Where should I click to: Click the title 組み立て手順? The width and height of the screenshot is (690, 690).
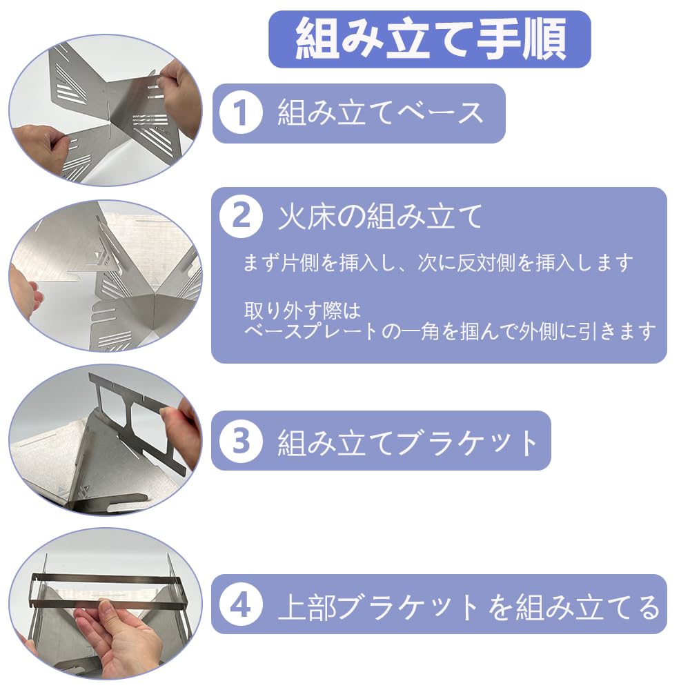(x=431, y=39)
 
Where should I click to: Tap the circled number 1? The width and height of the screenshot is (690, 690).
(x=241, y=112)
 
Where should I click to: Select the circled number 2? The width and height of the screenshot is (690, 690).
(x=241, y=217)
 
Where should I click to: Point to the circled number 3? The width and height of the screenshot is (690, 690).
(x=241, y=440)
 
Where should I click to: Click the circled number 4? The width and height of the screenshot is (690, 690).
(x=241, y=606)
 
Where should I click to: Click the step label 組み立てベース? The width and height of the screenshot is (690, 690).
(x=381, y=112)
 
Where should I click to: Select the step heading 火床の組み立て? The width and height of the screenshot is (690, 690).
(x=381, y=217)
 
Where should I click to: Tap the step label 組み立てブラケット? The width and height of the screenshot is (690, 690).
(x=408, y=442)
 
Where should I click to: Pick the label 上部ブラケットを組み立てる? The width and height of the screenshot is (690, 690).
(x=469, y=607)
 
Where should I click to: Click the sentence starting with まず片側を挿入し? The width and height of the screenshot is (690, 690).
(x=438, y=263)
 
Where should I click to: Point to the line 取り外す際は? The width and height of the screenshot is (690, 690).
(x=302, y=310)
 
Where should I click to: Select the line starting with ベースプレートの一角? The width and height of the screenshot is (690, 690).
(x=450, y=331)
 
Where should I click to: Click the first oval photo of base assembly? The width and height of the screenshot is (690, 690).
(x=105, y=110)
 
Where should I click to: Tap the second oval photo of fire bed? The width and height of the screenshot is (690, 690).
(x=105, y=275)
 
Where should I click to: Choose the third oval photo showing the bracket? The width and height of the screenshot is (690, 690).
(x=105, y=440)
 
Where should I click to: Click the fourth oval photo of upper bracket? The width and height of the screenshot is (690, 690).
(x=105, y=606)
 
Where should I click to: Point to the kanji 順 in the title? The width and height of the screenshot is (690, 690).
(x=544, y=39)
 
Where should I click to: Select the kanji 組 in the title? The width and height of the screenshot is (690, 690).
(x=317, y=39)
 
